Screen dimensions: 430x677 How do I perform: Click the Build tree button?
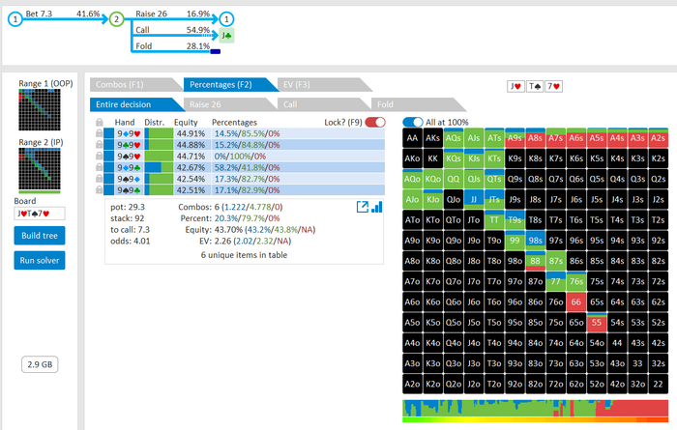(x=40, y=236)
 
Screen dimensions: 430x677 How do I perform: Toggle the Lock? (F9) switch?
(x=375, y=123)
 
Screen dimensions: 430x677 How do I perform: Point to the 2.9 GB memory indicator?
(x=40, y=363)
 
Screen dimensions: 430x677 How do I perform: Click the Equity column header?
(x=186, y=123)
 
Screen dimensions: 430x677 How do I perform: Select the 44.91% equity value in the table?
(x=191, y=134)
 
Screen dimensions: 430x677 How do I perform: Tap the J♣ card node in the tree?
(x=226, y=36)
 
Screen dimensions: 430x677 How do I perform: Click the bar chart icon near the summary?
(x=377, y=207)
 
